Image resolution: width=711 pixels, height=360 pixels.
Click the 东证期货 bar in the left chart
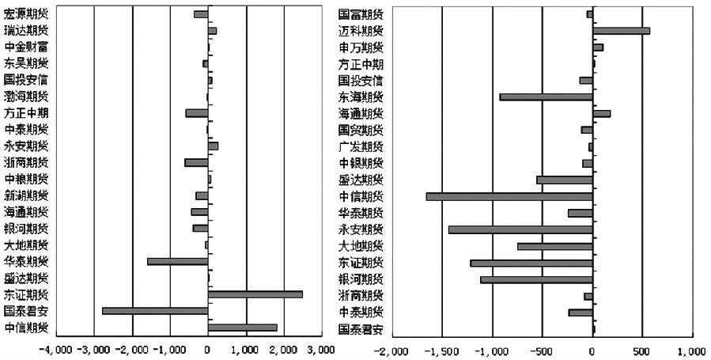tap(255, 294)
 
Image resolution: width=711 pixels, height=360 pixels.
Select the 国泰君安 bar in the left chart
tap(155, 311)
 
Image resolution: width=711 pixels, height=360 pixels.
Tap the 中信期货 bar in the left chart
tap(242, 328)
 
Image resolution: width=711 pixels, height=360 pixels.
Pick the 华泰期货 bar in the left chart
tap(177, 261)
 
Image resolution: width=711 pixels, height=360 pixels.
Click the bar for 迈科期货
tap(621, 31)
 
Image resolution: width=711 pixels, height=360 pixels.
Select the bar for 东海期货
tap(546, 97)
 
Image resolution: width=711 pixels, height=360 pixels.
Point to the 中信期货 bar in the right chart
tap(509, 196)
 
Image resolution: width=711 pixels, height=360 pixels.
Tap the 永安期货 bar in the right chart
tap(520, 229)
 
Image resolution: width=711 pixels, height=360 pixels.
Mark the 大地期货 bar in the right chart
tap(554, 246)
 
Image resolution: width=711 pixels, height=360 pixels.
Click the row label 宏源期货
tap(25, 14)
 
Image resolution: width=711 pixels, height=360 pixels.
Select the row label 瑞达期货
tap(25, 31)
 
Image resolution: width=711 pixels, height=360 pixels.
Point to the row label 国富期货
tap(361, 14)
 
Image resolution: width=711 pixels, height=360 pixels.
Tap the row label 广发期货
tap(361, 146)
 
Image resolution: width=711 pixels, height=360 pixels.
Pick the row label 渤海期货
tap(25, 97)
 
